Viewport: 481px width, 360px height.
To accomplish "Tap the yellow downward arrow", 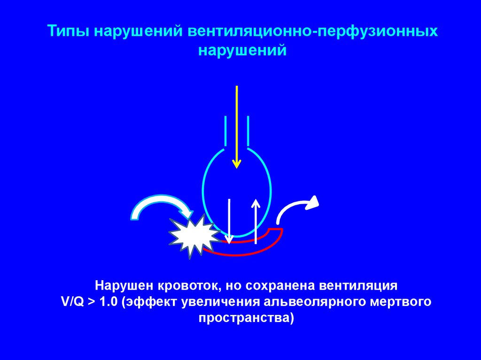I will [237, 127].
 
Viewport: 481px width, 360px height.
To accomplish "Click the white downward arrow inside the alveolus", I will [229, 221].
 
